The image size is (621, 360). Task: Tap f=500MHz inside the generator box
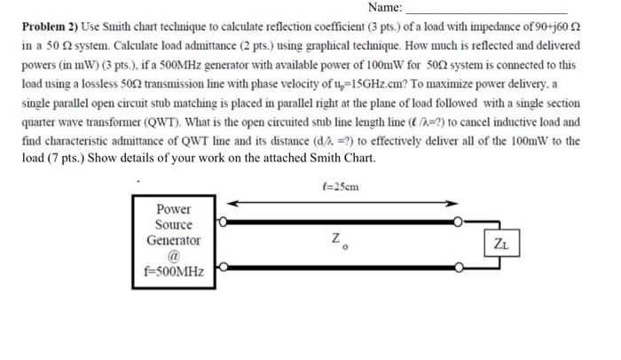[x=174, y=271]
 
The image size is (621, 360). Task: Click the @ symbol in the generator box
[x=174, y=255]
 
